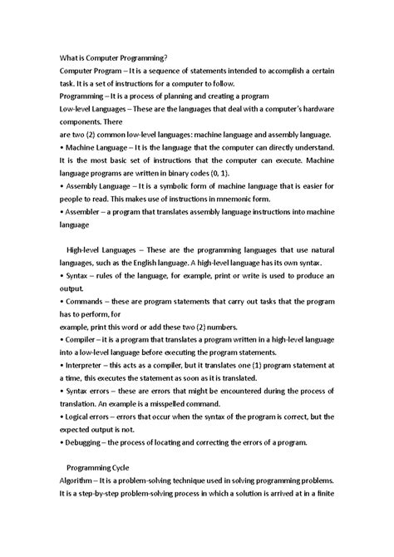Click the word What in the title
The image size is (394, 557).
click(70, 58)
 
